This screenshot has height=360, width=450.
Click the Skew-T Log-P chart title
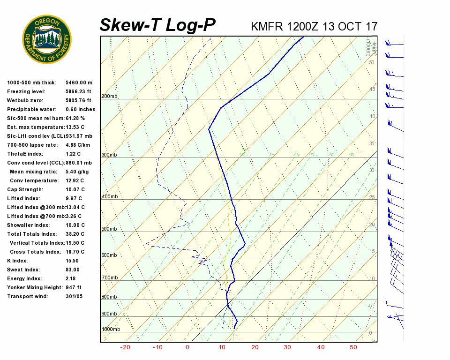coord(157,25)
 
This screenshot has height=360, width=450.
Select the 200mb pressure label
coord(109,97)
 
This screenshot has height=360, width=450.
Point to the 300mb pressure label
coord(109,155)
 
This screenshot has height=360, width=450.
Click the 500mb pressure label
coord(109,229)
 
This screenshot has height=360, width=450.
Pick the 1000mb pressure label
coord(111,330)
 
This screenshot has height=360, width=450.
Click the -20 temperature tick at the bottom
coord(125,347)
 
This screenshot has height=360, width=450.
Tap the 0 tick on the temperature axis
coord(187,347)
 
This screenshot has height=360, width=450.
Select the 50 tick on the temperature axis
coord(353,347)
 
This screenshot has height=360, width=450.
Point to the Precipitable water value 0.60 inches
coord(80,109)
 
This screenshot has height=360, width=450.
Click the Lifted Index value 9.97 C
coord(75,198)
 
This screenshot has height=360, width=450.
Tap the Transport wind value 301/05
coord(75,296)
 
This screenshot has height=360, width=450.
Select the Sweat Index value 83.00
coord(73,270)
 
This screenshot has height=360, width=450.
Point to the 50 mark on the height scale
coord(371,62)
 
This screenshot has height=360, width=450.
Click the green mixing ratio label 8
coord(351,154)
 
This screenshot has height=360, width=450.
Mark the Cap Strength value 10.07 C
coord(75,189)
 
